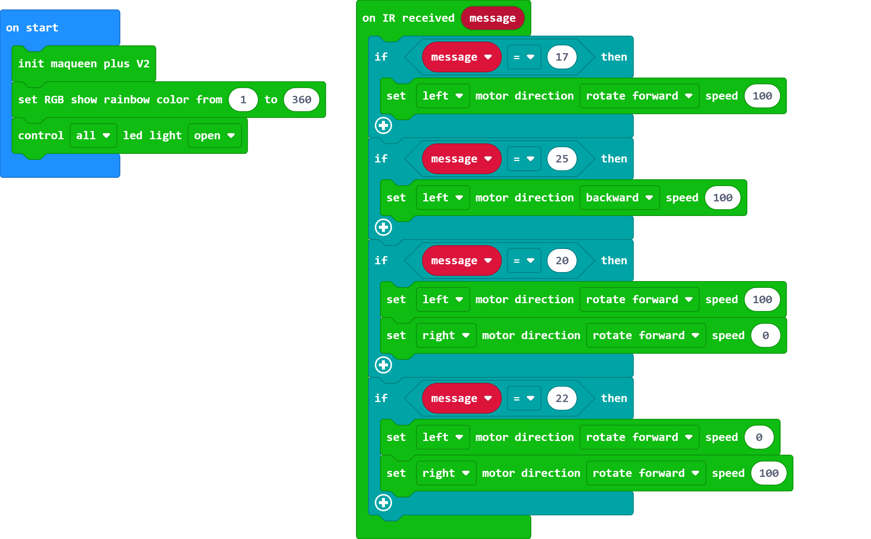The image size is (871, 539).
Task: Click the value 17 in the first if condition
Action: [561, 57]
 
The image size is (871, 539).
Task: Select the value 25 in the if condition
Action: [561, 159]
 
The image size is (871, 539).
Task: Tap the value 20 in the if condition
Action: [561, 261]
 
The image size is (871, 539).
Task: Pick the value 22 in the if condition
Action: [561, 398]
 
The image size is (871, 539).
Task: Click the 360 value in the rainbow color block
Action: [301, 100]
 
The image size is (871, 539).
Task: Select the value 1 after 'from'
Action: [243, 100]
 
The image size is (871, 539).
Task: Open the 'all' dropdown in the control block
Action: [93, 135]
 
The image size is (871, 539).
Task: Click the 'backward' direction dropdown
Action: [619, 198]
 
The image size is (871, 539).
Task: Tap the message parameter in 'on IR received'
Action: [492, 18]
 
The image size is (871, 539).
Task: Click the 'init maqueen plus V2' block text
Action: [84, 64]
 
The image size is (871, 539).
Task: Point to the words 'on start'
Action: [32, 28]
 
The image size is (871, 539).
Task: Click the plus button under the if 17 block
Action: [383, 125]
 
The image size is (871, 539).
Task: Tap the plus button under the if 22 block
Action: [383, 503]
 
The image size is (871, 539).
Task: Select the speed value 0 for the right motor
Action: [765, 335]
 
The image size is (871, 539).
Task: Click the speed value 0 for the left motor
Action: [759, 437]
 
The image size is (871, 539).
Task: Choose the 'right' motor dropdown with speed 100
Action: [446, 473]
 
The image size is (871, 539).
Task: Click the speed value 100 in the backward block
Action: [722, 198]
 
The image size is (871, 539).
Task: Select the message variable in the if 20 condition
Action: [461, 261]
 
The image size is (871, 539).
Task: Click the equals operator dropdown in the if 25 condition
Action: [524, 159]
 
